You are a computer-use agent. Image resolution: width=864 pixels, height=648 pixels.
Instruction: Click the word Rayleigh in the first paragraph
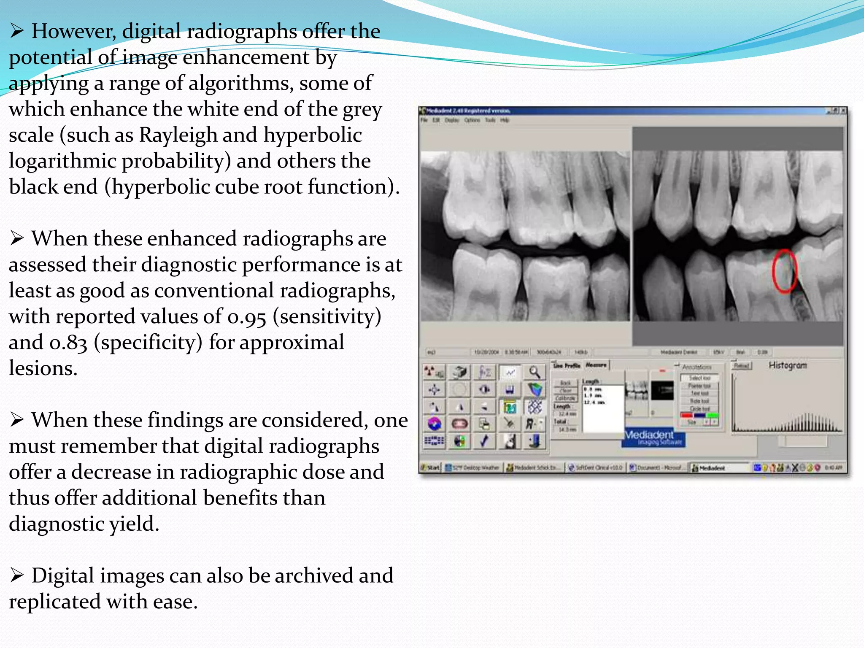(x=177, y=135)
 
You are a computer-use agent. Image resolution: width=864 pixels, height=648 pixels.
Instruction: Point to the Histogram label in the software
(x=787, y=365)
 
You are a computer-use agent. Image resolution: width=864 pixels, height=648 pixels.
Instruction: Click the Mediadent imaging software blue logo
(x=653, y=437)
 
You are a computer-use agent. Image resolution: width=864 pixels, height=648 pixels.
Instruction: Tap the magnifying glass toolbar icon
(x=535, y=372)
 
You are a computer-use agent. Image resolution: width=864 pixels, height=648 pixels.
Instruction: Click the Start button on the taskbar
(x=430, y=467)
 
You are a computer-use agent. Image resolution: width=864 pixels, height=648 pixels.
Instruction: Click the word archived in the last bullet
(x=313, y=576)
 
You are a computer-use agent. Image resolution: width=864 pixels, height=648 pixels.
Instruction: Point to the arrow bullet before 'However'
(x=17, y=31)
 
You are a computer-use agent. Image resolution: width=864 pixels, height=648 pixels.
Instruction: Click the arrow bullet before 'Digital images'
(x=17, y=575)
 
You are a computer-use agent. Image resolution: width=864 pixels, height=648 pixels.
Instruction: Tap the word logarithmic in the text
(x=62, y=162)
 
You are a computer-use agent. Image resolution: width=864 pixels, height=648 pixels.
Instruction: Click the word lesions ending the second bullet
(x=43, y=369)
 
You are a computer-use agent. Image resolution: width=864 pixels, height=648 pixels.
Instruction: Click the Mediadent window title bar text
(x=468, y=111)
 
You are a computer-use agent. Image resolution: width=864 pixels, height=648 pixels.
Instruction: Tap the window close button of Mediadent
(x=842, y=111)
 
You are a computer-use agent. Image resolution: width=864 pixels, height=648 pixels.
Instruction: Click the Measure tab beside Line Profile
(x=596, y=365)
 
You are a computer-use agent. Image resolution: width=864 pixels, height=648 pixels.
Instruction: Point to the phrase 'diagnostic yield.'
(x=84, y=524)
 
